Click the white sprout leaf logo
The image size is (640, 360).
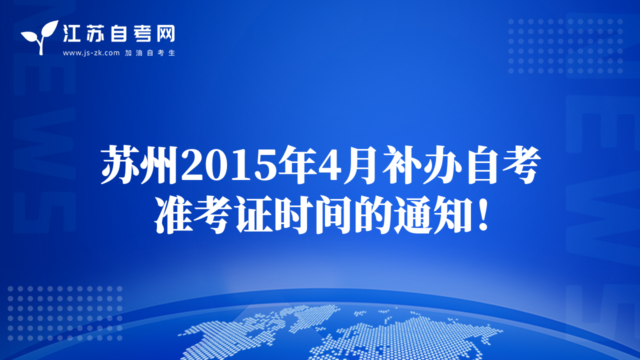(40, 37)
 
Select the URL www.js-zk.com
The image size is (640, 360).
(91, 53)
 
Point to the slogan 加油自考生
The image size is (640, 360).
(150, 53)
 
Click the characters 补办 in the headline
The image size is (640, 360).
(422, 164)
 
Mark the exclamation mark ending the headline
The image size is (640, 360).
(483, 215)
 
